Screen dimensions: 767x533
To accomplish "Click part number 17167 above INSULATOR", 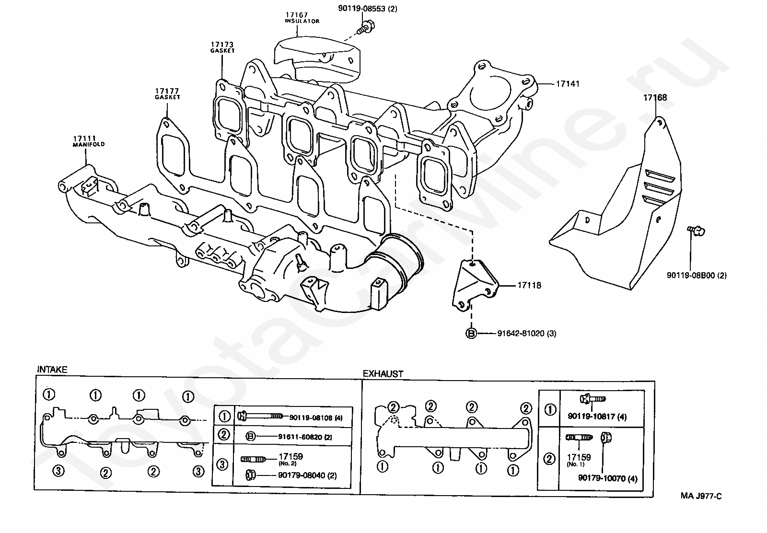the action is coord(297,15).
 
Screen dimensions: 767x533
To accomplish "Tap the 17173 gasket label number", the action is coord(222,45).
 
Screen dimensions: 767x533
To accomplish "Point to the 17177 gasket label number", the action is coord(167,91).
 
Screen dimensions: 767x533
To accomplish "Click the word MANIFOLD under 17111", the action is coord(89,144).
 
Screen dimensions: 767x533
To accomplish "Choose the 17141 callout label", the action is coord(568,84).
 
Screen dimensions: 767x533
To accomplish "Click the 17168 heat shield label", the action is coord(655,98).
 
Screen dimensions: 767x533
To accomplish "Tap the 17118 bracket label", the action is coord(529,285).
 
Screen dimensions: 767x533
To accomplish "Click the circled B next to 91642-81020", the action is coord(471,333).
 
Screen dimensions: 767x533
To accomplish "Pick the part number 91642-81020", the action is coord(521,333).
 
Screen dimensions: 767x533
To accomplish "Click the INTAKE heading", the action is coord(52,370).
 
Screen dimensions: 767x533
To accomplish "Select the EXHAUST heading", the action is coord(383,374).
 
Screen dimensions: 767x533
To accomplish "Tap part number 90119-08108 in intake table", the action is coord(311,417).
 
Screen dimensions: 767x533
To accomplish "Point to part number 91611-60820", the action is coord(300,437).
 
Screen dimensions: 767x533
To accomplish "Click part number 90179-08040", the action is coord(302,475).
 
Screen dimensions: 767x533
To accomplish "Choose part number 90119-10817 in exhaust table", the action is coord(592,416).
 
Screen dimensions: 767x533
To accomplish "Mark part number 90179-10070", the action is coord(602,478).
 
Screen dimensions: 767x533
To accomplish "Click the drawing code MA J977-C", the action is coord(701,496).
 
